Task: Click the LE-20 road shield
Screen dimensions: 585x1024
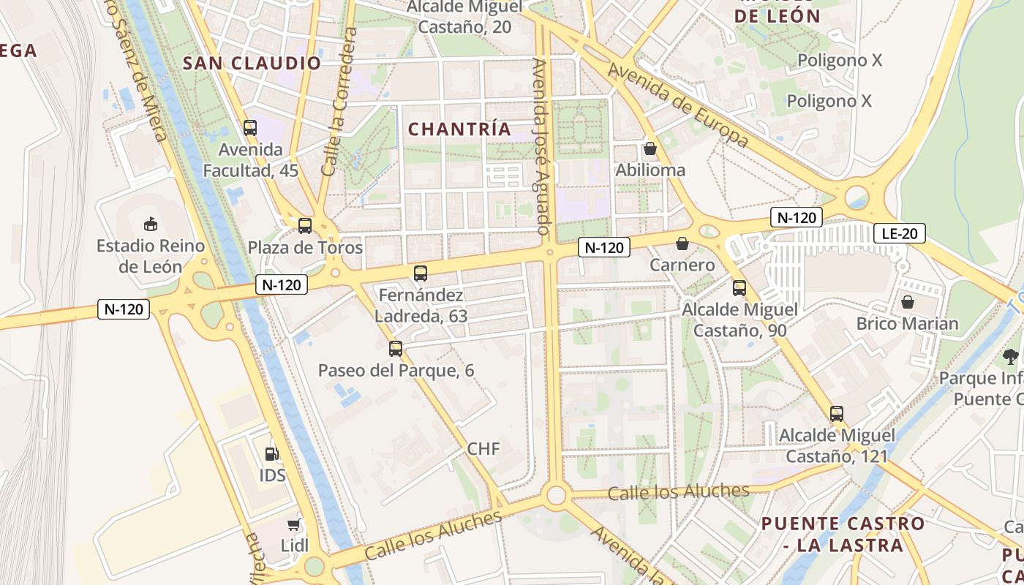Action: coord(900,234)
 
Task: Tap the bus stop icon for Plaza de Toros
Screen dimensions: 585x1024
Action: coord(305,225)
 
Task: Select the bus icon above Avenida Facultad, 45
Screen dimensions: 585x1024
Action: coord(250,128)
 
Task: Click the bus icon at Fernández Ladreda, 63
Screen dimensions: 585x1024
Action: coord(421,273)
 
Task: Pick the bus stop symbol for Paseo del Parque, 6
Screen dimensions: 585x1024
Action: coord(396,348)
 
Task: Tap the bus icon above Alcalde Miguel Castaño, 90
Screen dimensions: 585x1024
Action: coord(739,287)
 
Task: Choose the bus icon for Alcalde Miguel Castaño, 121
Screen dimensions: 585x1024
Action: coord(837,414)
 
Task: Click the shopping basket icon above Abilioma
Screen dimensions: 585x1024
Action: coord(650,149)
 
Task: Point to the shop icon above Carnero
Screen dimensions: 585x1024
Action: coord(682,244)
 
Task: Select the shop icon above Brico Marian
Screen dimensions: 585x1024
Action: coord(908,302)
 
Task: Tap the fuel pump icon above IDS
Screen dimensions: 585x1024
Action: coord(271,454)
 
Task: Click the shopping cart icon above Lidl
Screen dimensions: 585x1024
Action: coord(294,524)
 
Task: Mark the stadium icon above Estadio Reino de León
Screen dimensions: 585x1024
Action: coord(151,223)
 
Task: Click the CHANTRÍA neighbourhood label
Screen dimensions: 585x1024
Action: coord(459,129)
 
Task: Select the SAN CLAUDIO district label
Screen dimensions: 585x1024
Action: coord(252,64)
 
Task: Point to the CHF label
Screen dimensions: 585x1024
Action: coord(483,448)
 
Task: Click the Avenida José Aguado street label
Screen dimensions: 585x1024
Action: coord(541,146)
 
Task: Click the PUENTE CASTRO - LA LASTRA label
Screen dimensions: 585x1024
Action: coord(843,535)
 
